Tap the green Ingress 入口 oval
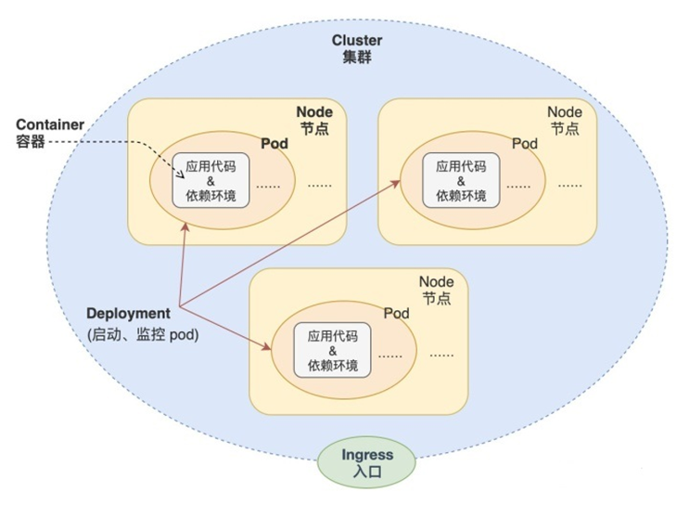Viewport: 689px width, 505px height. click(367, 462)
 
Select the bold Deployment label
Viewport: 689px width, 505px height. click(129, 314)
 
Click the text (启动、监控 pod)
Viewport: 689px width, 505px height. click(143, 333)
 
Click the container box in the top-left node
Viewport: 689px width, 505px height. click(211, 179)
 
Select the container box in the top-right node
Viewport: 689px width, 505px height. click(461, 179)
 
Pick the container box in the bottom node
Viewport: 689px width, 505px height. click(333, 350)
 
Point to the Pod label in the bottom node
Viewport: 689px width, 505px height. click(397, 314)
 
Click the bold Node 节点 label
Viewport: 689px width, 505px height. click(314, 120)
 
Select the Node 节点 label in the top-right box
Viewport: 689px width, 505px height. click(565, 120)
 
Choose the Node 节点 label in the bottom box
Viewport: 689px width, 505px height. click(437, 290)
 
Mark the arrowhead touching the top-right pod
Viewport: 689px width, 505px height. click(397, 183)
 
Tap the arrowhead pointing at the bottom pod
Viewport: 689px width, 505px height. click(266, 348)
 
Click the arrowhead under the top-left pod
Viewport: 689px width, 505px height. click(186, 226)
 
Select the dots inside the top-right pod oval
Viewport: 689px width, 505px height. click(519, 185)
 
